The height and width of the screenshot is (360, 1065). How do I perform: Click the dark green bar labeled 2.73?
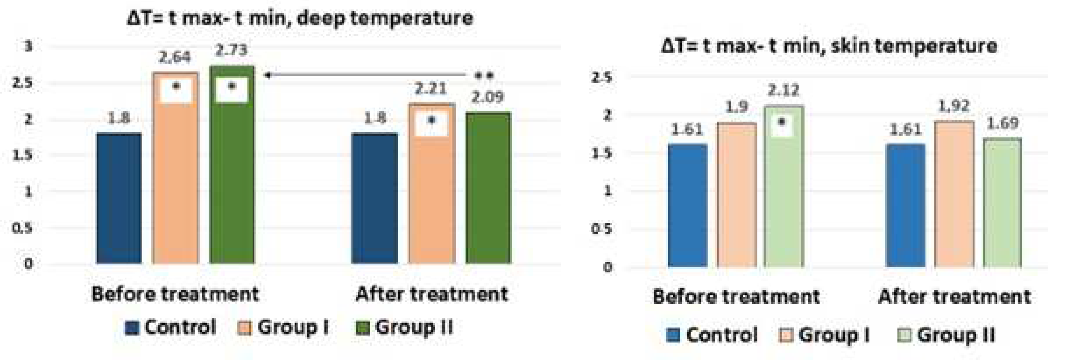232,173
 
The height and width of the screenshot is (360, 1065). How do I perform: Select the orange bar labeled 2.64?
175,178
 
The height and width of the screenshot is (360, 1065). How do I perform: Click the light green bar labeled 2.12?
784,194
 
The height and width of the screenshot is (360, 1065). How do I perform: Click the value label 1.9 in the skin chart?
736,107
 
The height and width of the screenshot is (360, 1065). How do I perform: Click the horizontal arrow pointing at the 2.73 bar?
364,75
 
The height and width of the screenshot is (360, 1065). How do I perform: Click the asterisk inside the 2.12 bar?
781,122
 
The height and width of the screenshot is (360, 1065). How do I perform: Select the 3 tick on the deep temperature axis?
28,46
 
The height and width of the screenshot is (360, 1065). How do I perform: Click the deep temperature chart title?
300,19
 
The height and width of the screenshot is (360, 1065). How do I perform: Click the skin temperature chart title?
829,45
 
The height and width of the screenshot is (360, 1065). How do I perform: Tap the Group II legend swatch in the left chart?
362,329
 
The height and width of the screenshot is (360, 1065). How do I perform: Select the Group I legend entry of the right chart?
825,335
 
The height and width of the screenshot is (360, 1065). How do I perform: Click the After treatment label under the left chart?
431,294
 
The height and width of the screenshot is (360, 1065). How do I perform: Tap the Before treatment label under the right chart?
736,297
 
